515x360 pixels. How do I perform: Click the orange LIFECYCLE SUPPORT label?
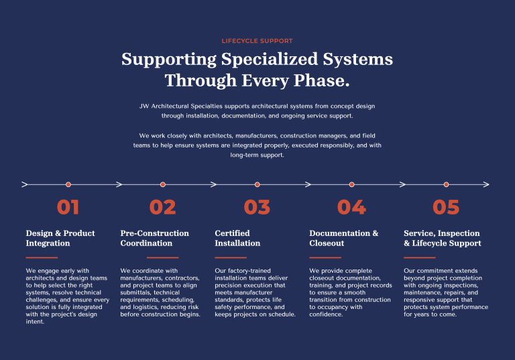(x=257, y=41)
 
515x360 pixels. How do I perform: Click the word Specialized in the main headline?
(x=270, y=60)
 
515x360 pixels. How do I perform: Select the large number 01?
(x=68, y=207)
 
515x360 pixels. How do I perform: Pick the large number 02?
(x=162, y=207)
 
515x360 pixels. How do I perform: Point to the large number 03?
(x=257, y=207)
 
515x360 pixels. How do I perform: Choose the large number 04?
(x=351, y=207)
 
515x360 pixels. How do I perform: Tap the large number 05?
(x=446, y=207)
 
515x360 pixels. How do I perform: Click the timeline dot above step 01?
(x=68, y=184)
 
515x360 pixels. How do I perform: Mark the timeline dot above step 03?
(x=257, y=184)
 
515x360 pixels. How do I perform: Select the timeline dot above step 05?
(x=446, y=184)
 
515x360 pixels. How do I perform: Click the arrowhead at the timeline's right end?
(x=486, y=184)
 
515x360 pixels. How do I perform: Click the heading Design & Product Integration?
(x=60, y=238)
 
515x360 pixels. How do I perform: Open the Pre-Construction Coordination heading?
(x=155, y=238)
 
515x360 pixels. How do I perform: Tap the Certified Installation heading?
(x=237, y=238)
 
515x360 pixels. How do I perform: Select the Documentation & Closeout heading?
(x=344, y=238)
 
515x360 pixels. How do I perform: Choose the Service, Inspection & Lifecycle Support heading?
(x=443, y=238)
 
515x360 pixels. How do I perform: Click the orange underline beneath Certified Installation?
(x=231, y=257)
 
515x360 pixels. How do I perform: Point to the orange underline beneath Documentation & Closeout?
(x=325, y=257)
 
